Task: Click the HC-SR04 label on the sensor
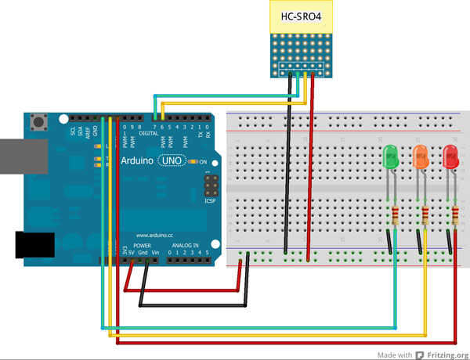coord(301,16)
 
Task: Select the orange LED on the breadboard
coord(420,157)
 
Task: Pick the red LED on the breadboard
coord(450,157)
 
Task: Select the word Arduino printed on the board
coord(137,160)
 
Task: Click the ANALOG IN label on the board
coord(185,245)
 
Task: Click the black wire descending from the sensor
coord(288,172)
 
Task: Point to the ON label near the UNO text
coord(203,162)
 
